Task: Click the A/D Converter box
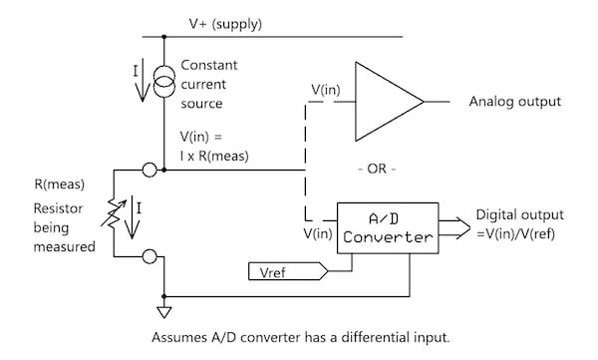(x=386, y=226)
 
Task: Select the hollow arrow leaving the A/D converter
(x=456, y=226)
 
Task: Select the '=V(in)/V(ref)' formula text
(x=524, y=232)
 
